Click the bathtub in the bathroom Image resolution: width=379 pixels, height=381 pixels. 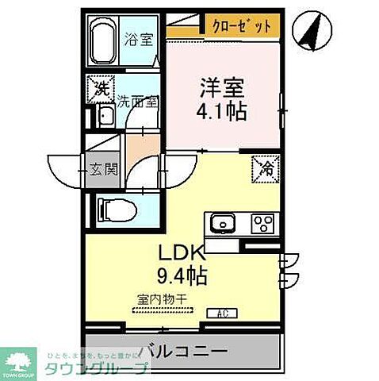pyautogui.click(x=104, y=43)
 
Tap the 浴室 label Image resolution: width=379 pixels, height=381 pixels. pyautogui.click(x=140, y=39)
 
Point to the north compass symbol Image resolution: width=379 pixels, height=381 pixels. pyautogui.click(x=311, y=31)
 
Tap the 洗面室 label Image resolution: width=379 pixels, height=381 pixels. pyautogui.click(x=138, y=101)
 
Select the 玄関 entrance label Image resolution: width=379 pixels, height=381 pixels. pyautogui.click(x=102, y=168)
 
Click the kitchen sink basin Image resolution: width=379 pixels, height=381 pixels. pyautogui.click(x=223, y=222)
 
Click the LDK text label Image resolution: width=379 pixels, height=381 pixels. pyautogui.click(x=184, y=254)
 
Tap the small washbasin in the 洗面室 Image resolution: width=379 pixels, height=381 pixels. pyautogui.click(x=105, y=117)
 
